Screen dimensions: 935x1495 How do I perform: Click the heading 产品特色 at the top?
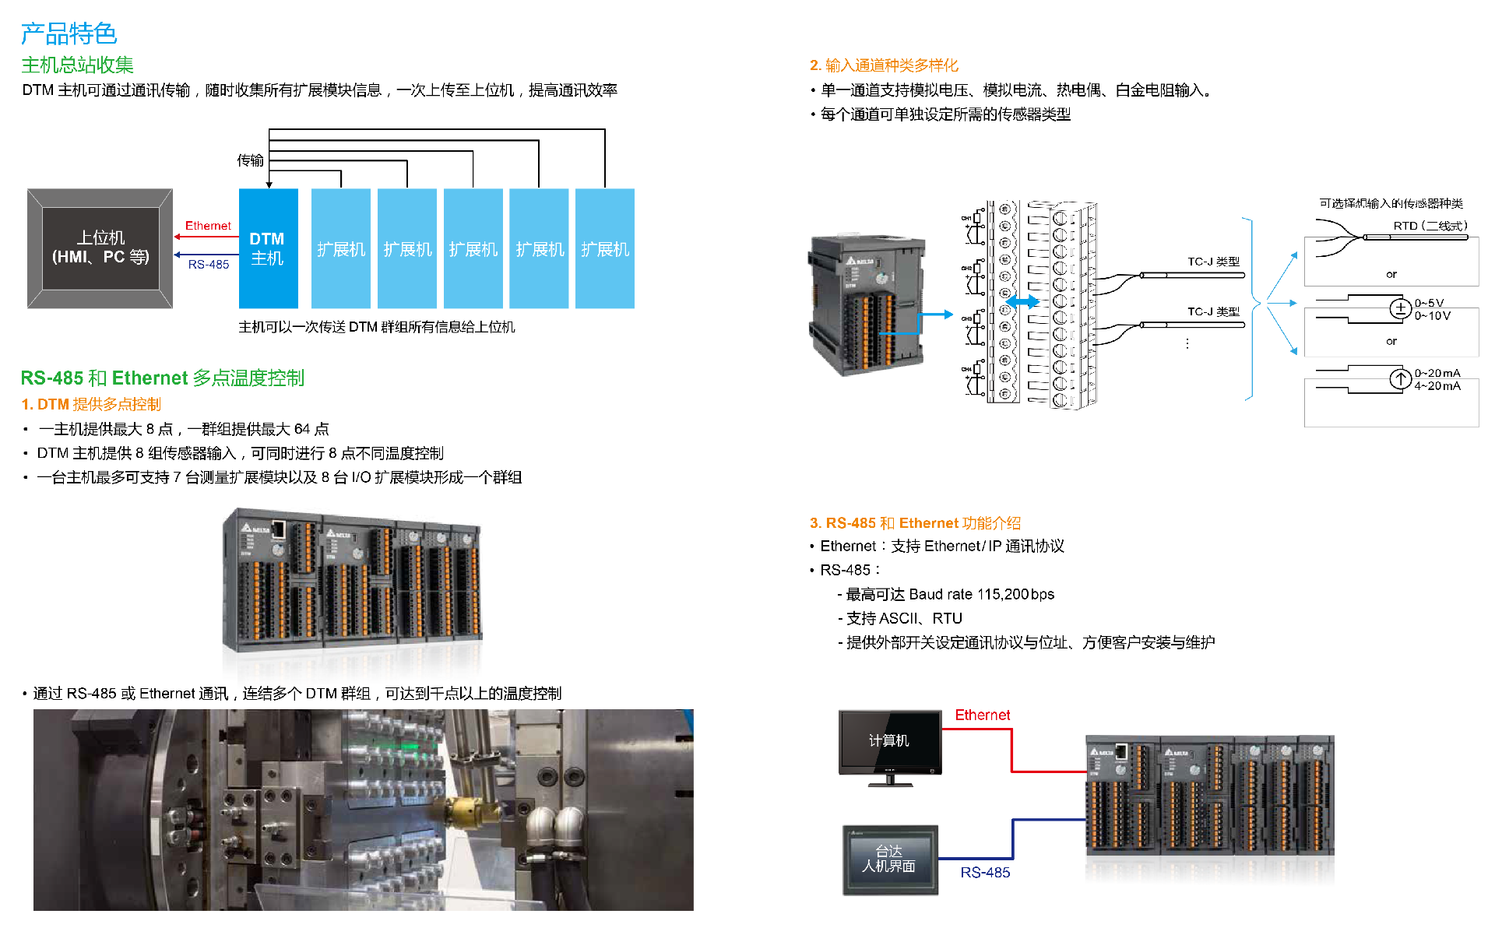tap(69, 33)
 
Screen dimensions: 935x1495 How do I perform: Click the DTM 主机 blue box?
tap(268, 248)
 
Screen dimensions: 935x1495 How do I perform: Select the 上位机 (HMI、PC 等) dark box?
tap(100, 248)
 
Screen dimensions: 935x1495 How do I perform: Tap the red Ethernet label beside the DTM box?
tap(208, 226)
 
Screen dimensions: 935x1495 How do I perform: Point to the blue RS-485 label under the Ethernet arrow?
tap(209, 265)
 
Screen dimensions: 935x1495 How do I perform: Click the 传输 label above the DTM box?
tap(250, 160)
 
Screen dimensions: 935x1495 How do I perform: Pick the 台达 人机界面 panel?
tap(889, 859)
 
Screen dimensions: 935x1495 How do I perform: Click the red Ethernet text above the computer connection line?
tap(982, 715)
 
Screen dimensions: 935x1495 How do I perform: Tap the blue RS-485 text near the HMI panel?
tap(985, 873)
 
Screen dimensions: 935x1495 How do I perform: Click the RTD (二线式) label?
tap(1430, 226)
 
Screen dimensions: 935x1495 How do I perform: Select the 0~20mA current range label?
tap(1437, 373)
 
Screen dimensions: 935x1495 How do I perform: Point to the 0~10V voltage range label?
tap(1432, 316)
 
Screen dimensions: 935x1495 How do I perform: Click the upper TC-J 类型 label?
tap(1213, 262)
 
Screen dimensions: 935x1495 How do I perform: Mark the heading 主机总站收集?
tap(77, 65)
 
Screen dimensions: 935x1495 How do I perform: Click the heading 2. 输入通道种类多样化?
tap(884, 65)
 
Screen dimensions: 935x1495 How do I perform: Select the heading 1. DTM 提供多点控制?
tap(91, 404)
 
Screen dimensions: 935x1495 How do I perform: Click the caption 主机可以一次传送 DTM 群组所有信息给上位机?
tap(377, 327)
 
